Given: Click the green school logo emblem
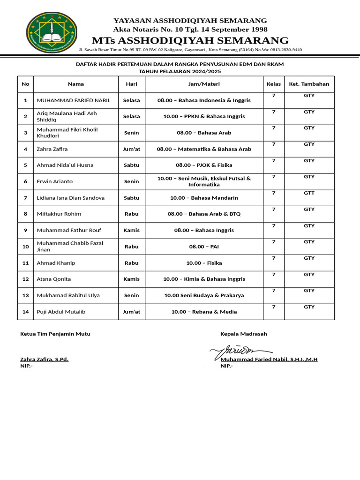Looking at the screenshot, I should click(x=51, y=33).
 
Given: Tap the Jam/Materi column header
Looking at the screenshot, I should click(x=204, y=84).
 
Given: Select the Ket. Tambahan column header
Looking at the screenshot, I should click(x=309, y=84).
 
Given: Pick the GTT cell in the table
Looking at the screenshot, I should click(x=309, y=193).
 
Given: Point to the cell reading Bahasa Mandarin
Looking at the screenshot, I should click(x=204, y=198).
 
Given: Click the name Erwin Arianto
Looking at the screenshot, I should click(x=55, y=181).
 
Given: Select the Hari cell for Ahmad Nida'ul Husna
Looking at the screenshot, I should click(x=131, y=165).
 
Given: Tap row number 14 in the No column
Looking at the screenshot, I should click(x=25, y=312).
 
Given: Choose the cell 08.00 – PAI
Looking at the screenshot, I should click(x=204, y=246).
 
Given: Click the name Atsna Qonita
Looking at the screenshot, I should click(x=54, y=279).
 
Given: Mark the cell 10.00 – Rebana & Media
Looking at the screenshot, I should click(x=204, y=312).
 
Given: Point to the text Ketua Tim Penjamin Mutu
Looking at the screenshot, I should click(x=55, y=334).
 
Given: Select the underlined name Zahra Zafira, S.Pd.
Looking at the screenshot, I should click(x=45, y=359).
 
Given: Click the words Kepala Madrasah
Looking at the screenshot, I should click(x=244, y=334).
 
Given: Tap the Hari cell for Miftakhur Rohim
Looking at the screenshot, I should click(x=131, y=214).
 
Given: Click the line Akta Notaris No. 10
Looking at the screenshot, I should click(x=190, y=29).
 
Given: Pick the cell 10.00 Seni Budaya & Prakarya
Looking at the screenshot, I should click(x=204, y=295).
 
